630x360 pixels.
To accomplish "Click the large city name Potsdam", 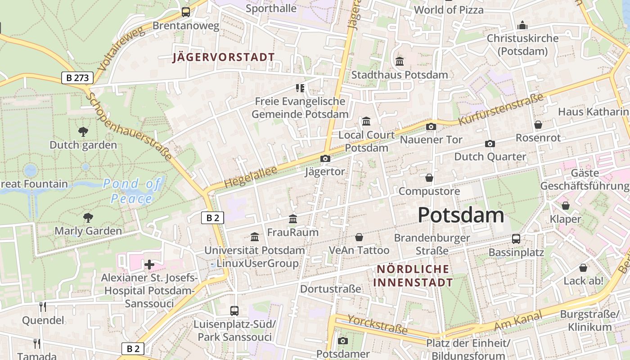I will coord(461,215).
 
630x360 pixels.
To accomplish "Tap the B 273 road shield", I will coord(77,78).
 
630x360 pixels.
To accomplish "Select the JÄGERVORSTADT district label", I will coord(224,57).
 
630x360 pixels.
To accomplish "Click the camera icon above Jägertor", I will coord(325,158).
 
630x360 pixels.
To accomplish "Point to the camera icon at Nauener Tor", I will coord(431,126).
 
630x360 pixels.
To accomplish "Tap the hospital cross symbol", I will coord(149,265).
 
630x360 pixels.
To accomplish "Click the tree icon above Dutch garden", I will coord(83,132).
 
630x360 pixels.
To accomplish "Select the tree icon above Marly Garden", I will coord(88,218).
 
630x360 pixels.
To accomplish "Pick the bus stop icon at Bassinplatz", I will coord(516,238).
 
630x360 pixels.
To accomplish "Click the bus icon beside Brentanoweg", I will coord(185,12).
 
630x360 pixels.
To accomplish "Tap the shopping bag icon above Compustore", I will coord(429,178).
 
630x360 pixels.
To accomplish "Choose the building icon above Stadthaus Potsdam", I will coord(399,61).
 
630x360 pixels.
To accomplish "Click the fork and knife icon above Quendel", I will coord(43,307).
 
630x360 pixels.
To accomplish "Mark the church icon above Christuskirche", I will coord(522,25).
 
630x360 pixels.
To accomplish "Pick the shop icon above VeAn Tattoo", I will coord(359,237).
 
